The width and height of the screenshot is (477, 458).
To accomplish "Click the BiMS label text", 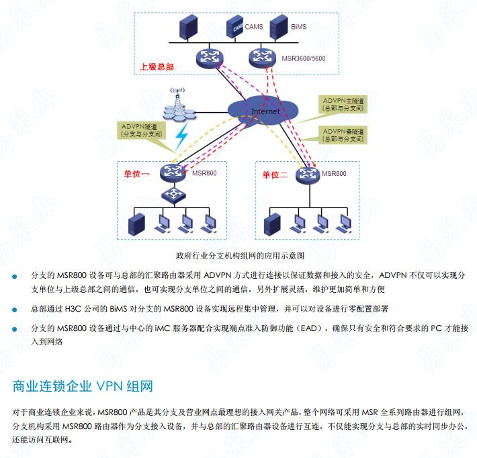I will (299, 26).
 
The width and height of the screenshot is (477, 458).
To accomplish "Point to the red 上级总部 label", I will (157, 67).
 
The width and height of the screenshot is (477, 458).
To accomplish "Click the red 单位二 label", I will (275, 175).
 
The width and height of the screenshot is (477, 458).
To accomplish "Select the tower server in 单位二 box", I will (273, 224).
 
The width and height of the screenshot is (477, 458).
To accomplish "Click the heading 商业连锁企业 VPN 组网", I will (83, 386).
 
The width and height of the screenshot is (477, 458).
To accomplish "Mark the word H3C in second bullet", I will (74, 309).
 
